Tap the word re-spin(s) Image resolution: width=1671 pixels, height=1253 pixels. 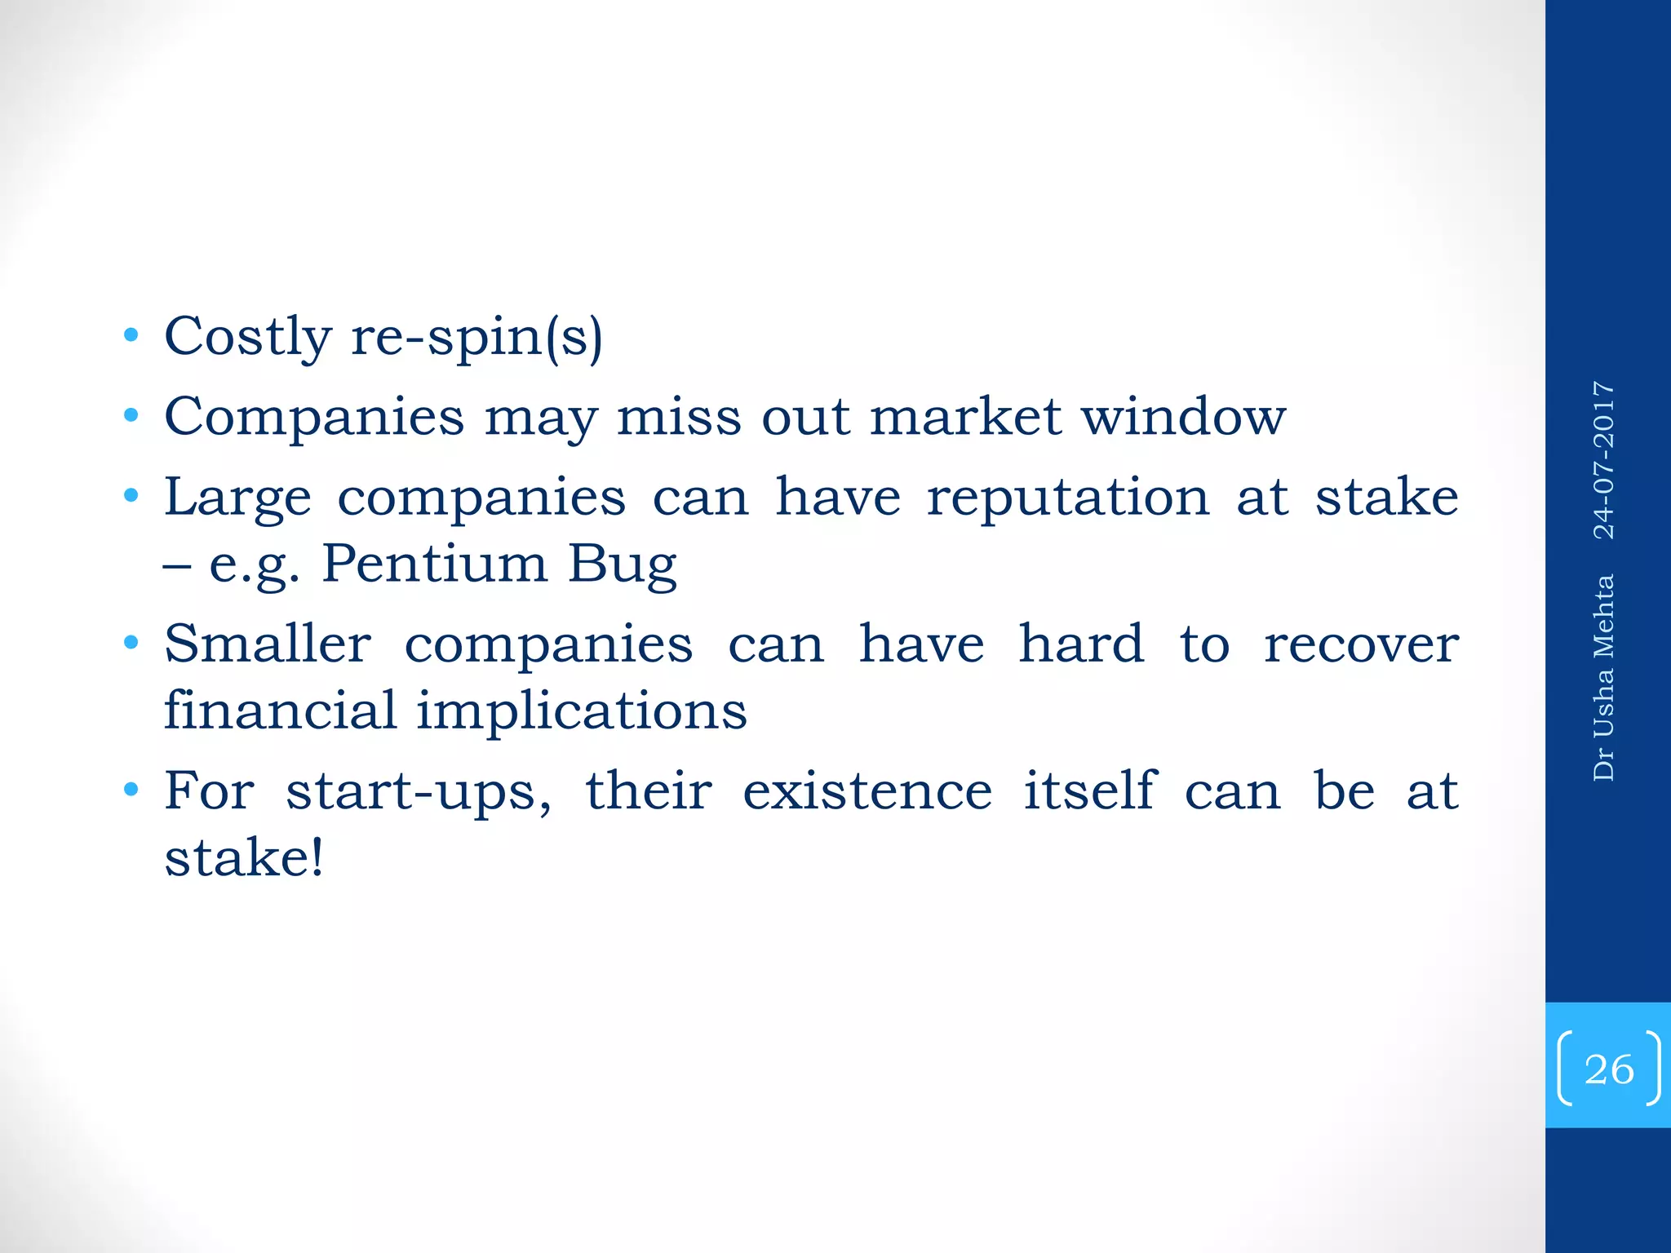[476, 336]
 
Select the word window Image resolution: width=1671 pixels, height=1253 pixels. [1184, 417]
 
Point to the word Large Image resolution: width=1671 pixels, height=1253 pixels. [237, 498]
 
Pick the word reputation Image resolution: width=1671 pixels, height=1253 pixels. [1067, 498]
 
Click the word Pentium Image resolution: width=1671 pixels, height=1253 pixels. [434, 564]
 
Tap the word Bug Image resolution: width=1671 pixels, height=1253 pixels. [623, 564]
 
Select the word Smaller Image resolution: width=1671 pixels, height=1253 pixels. [268, 644]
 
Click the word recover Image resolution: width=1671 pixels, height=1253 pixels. [1361, 644]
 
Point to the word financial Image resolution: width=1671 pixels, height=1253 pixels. [281, 709]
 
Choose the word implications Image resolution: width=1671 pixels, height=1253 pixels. [582, 711]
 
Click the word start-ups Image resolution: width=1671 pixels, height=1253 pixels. [419, 791]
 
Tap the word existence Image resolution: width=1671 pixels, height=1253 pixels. [867, 791]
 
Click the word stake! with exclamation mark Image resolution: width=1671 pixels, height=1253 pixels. [244, 857]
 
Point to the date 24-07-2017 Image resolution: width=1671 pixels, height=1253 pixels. [1604, 460]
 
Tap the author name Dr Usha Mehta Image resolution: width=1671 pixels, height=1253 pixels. [1604, 678]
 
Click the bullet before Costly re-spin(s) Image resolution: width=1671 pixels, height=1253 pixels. [131, 336]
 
